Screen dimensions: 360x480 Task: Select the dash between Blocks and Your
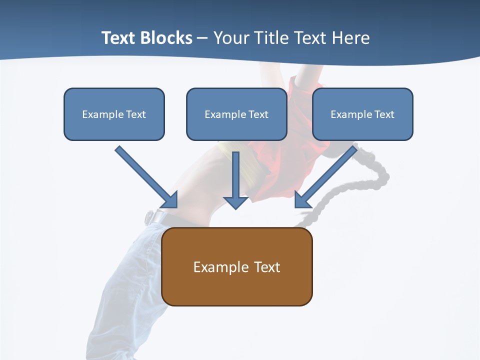tap(202, 38)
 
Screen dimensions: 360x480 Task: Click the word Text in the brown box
tap(267, 267)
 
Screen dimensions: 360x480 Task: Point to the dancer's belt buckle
tap(149, 217)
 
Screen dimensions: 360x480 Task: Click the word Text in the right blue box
tap(384, 114)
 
